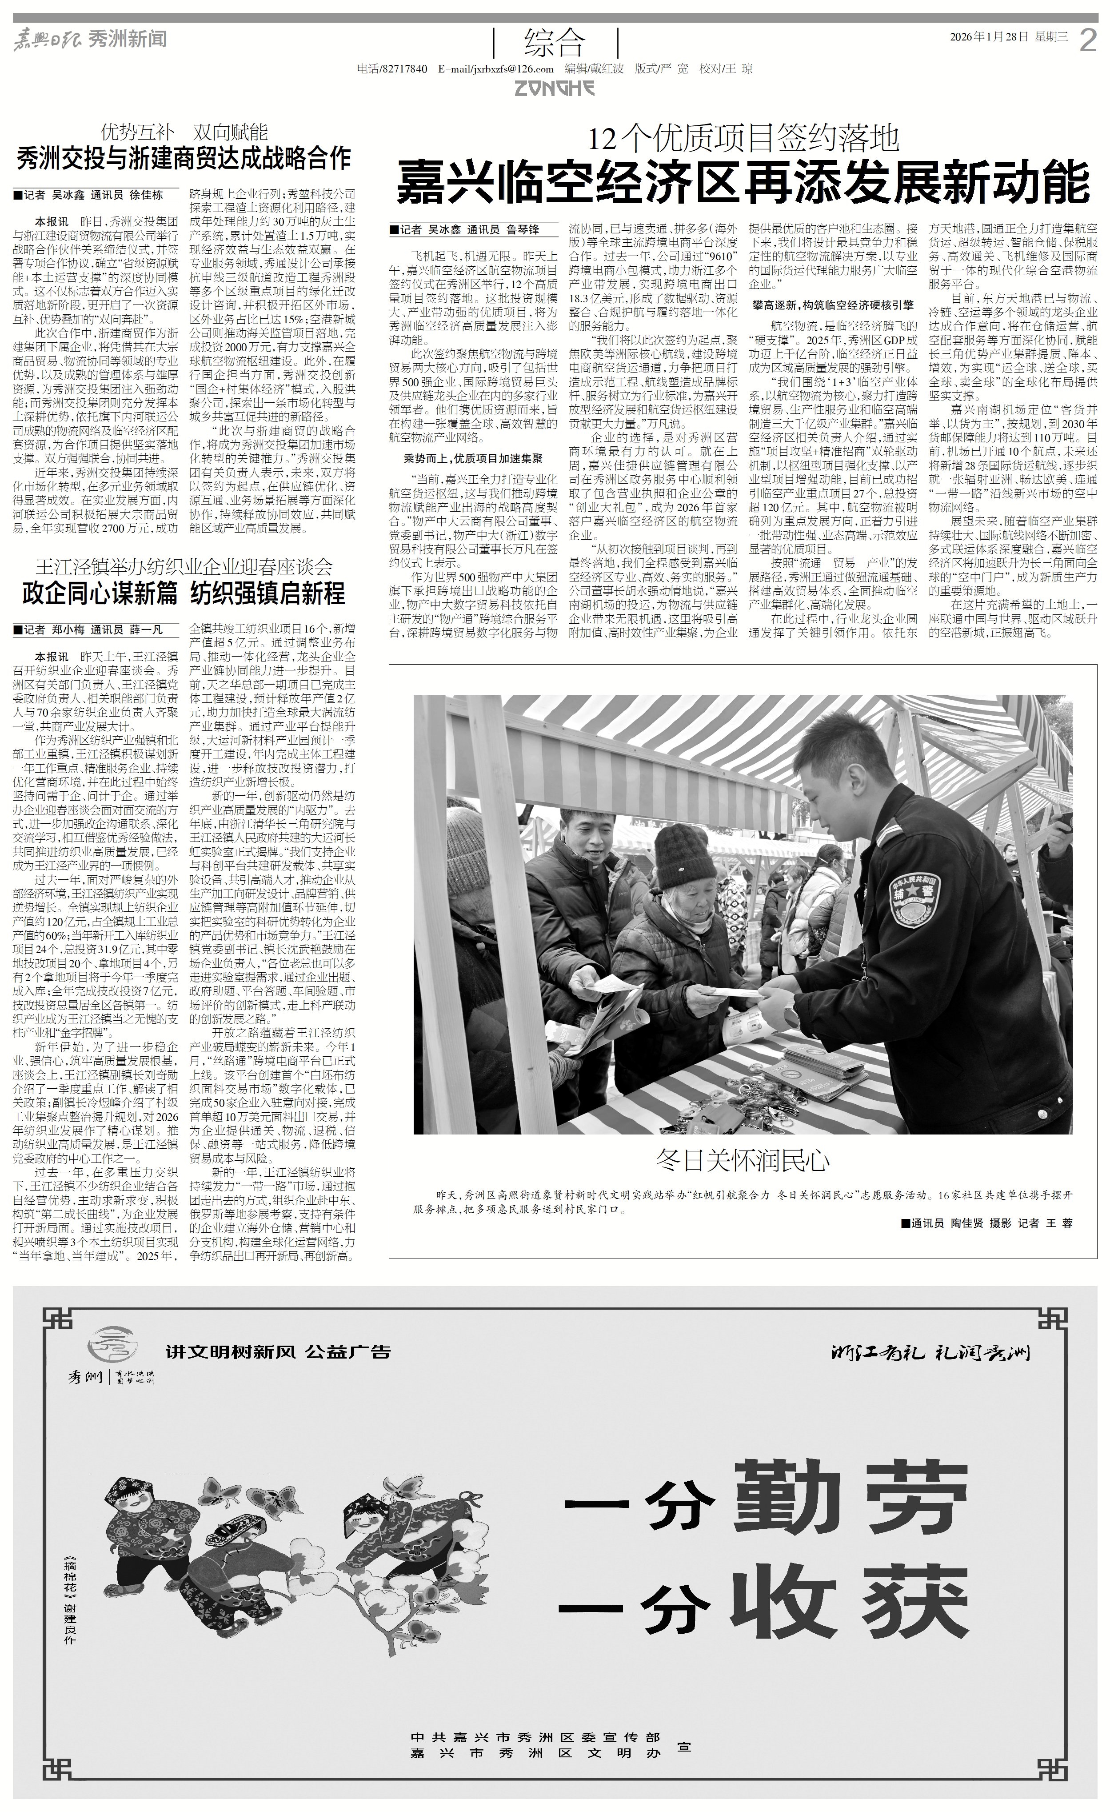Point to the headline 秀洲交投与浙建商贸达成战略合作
tap(184, 158)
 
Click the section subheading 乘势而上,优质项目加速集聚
tap(473, 458)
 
